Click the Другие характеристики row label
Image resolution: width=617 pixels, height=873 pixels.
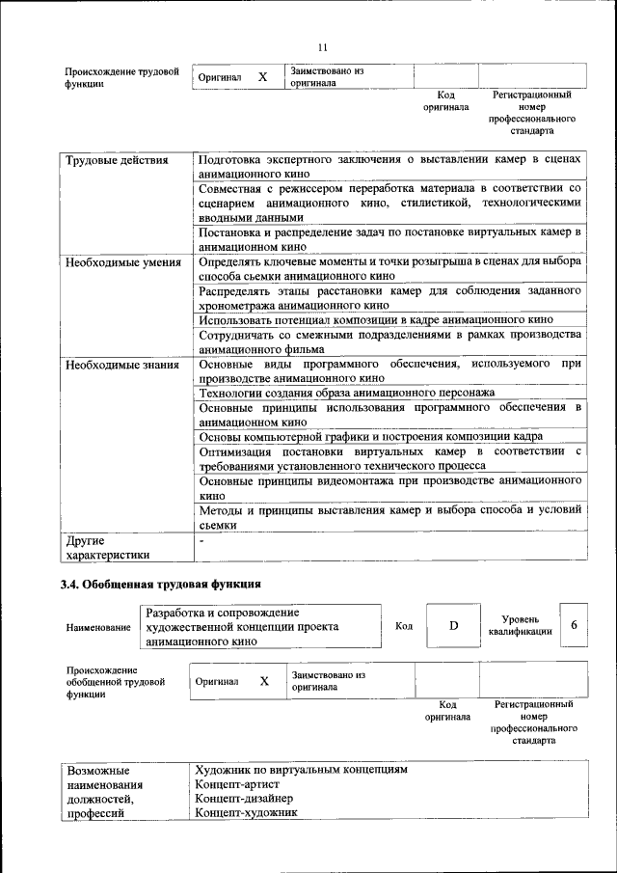point(108,547)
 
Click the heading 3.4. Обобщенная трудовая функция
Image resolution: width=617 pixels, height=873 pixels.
point(160,584)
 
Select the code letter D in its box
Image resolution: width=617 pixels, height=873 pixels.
point(453,625)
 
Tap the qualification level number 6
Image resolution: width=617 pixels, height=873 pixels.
point(574,625)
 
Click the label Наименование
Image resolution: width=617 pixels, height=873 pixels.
point(98,628)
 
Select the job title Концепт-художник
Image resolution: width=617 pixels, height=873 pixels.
point(246,813)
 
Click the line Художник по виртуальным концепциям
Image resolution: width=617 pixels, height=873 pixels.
point(301,770)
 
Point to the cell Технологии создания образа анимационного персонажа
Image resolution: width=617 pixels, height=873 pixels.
point(346,393)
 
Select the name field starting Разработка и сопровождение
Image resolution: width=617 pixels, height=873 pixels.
point(241,626)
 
